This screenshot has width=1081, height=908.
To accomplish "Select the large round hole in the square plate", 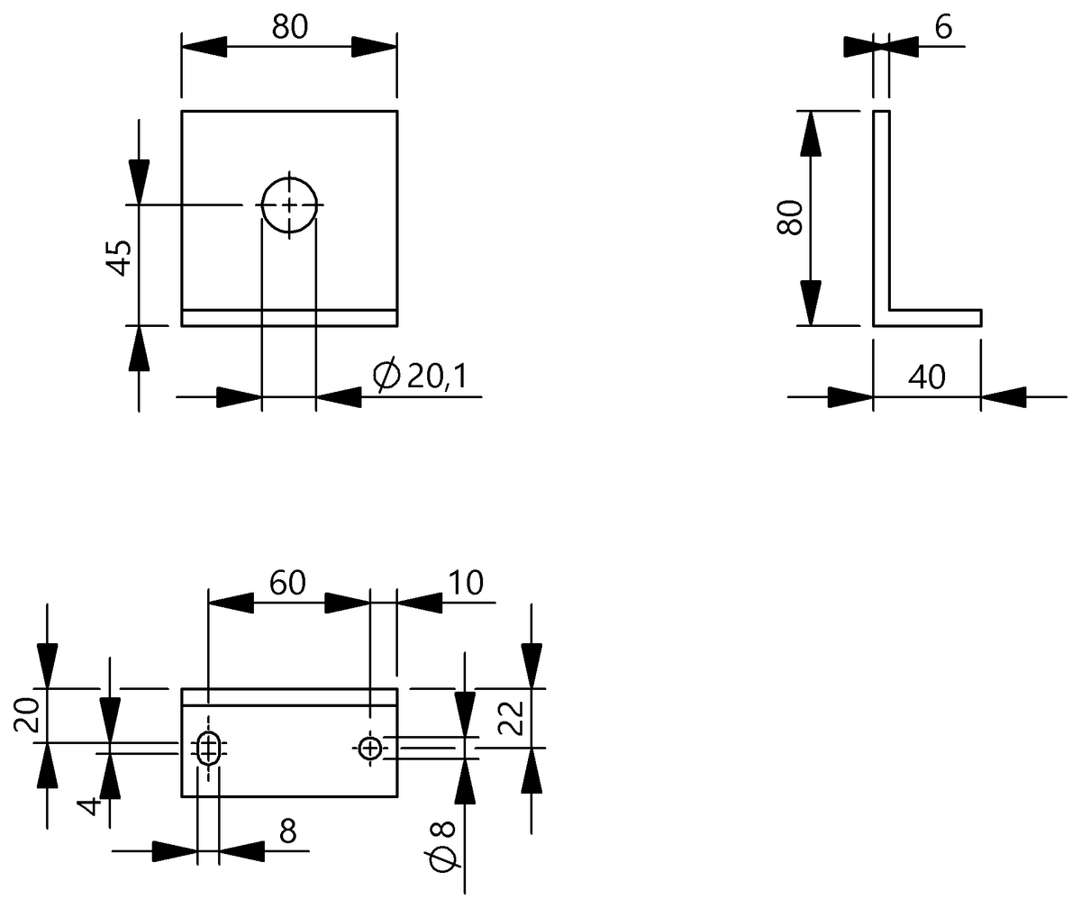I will (289, 205).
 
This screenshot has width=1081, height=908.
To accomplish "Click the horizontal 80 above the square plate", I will (289, 28).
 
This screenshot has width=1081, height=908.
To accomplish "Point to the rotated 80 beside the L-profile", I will (790, 217).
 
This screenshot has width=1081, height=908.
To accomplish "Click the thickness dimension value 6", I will (943, 28).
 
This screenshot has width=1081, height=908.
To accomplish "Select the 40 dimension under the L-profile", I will (926, 377).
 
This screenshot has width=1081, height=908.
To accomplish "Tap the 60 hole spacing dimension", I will (288, 584).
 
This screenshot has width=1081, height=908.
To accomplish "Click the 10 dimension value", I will (466, 584).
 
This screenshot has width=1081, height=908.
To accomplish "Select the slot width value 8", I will (287, 831).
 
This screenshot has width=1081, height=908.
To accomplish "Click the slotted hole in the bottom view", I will (208, 747).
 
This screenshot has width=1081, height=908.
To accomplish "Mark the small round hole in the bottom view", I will (369, 747).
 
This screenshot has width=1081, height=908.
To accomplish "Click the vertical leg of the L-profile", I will (881, 212).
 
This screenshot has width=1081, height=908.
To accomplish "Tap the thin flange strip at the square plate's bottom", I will (289, 317).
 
